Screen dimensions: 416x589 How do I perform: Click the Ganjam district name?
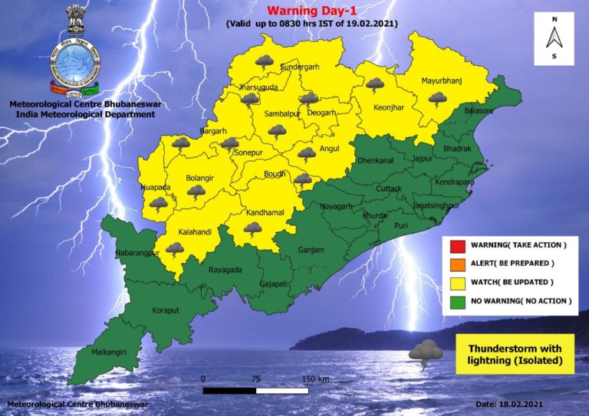312,250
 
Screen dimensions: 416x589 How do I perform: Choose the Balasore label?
477,111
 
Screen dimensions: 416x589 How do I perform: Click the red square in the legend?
455,245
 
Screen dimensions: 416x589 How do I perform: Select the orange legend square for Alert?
455,264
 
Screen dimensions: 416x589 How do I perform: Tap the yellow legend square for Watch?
455,283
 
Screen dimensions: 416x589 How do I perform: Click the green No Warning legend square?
455,301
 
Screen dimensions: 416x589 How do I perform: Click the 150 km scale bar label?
315,379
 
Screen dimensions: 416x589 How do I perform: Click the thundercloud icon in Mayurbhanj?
438,98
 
